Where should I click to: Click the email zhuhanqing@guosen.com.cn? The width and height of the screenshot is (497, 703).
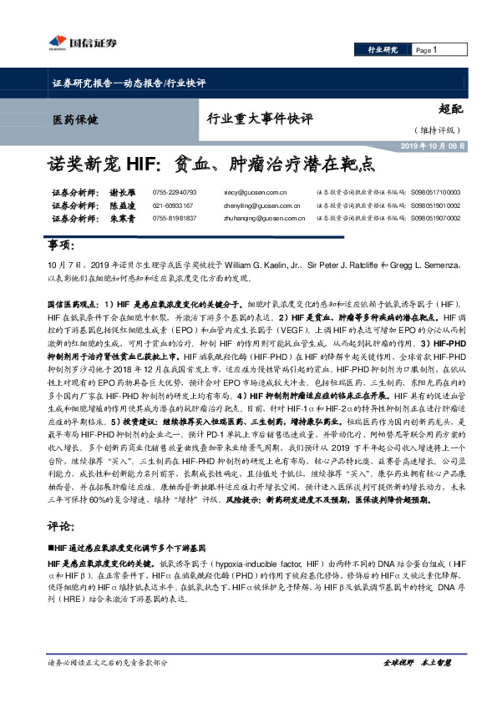click(262, 218)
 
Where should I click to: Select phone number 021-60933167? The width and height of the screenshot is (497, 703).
click(173, 205)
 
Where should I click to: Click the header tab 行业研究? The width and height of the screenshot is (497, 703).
click(383, 50)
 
